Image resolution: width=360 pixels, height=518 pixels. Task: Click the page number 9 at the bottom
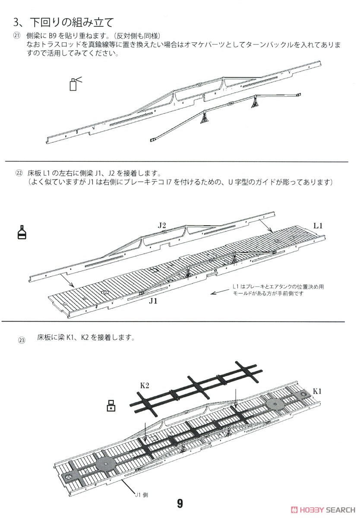click(x=180, y=504)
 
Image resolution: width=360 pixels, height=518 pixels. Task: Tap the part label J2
click(x=162, y=224)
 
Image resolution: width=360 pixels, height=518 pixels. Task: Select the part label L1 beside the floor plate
click(x=319, y=225)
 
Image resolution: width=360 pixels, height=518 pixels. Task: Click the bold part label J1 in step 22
click(x=153, y=301)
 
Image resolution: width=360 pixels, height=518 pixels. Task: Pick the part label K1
click(x=318, y=391)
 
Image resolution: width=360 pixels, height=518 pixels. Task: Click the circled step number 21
click(x=16, y=35)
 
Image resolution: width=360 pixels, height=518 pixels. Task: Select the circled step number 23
click(x=22, y=340)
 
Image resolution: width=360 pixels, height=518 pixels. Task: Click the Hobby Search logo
click(x=322, y=509)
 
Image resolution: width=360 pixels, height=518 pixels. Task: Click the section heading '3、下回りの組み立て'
click(x=64, y=22)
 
